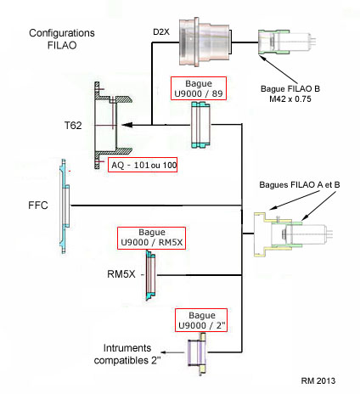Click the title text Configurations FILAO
click(x=62, y=39)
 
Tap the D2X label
click(x=161, y=32)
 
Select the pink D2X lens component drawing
click(x=205, y=42)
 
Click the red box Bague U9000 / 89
click(x=199, y=88)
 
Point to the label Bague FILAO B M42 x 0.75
click(x=290, y=93)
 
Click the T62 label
click(x=73, y=126)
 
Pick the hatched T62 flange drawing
click(x=113, y=126)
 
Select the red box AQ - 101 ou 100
click(x=143, y=165)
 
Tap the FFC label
click(x=38, y=205)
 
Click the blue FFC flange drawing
click(x=65, y=206)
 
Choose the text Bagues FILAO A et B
click(x=300, y=185)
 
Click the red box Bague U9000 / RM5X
click(x=151, y=238)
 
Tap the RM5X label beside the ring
click(x=121, y=274)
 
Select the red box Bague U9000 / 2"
click(x=201, y=320)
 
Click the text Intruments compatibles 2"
click(x=127, y=354)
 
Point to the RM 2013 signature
click(x=318, y=380)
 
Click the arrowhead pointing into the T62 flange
click(x=127, y=125)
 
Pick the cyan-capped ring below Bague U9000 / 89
click(x=200, y=125)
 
